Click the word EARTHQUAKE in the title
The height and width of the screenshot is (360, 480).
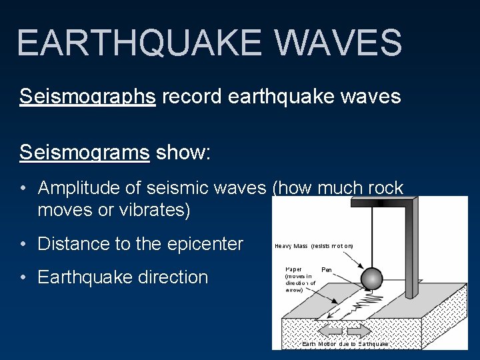(139, 42)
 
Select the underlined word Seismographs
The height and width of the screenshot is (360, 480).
(87, 97)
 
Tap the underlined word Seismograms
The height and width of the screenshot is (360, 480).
(85, 153)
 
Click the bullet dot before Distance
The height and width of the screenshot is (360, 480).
(24, 245)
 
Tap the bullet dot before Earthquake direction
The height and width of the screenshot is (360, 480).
(24, 278)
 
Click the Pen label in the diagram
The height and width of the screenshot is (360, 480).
(327, 270)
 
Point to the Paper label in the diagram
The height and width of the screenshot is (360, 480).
(293, 270)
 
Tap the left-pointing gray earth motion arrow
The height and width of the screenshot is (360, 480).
(331, 331)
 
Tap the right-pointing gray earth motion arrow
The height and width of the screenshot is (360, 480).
(359, 331)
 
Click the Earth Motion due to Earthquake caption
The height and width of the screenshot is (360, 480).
(345, 344)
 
